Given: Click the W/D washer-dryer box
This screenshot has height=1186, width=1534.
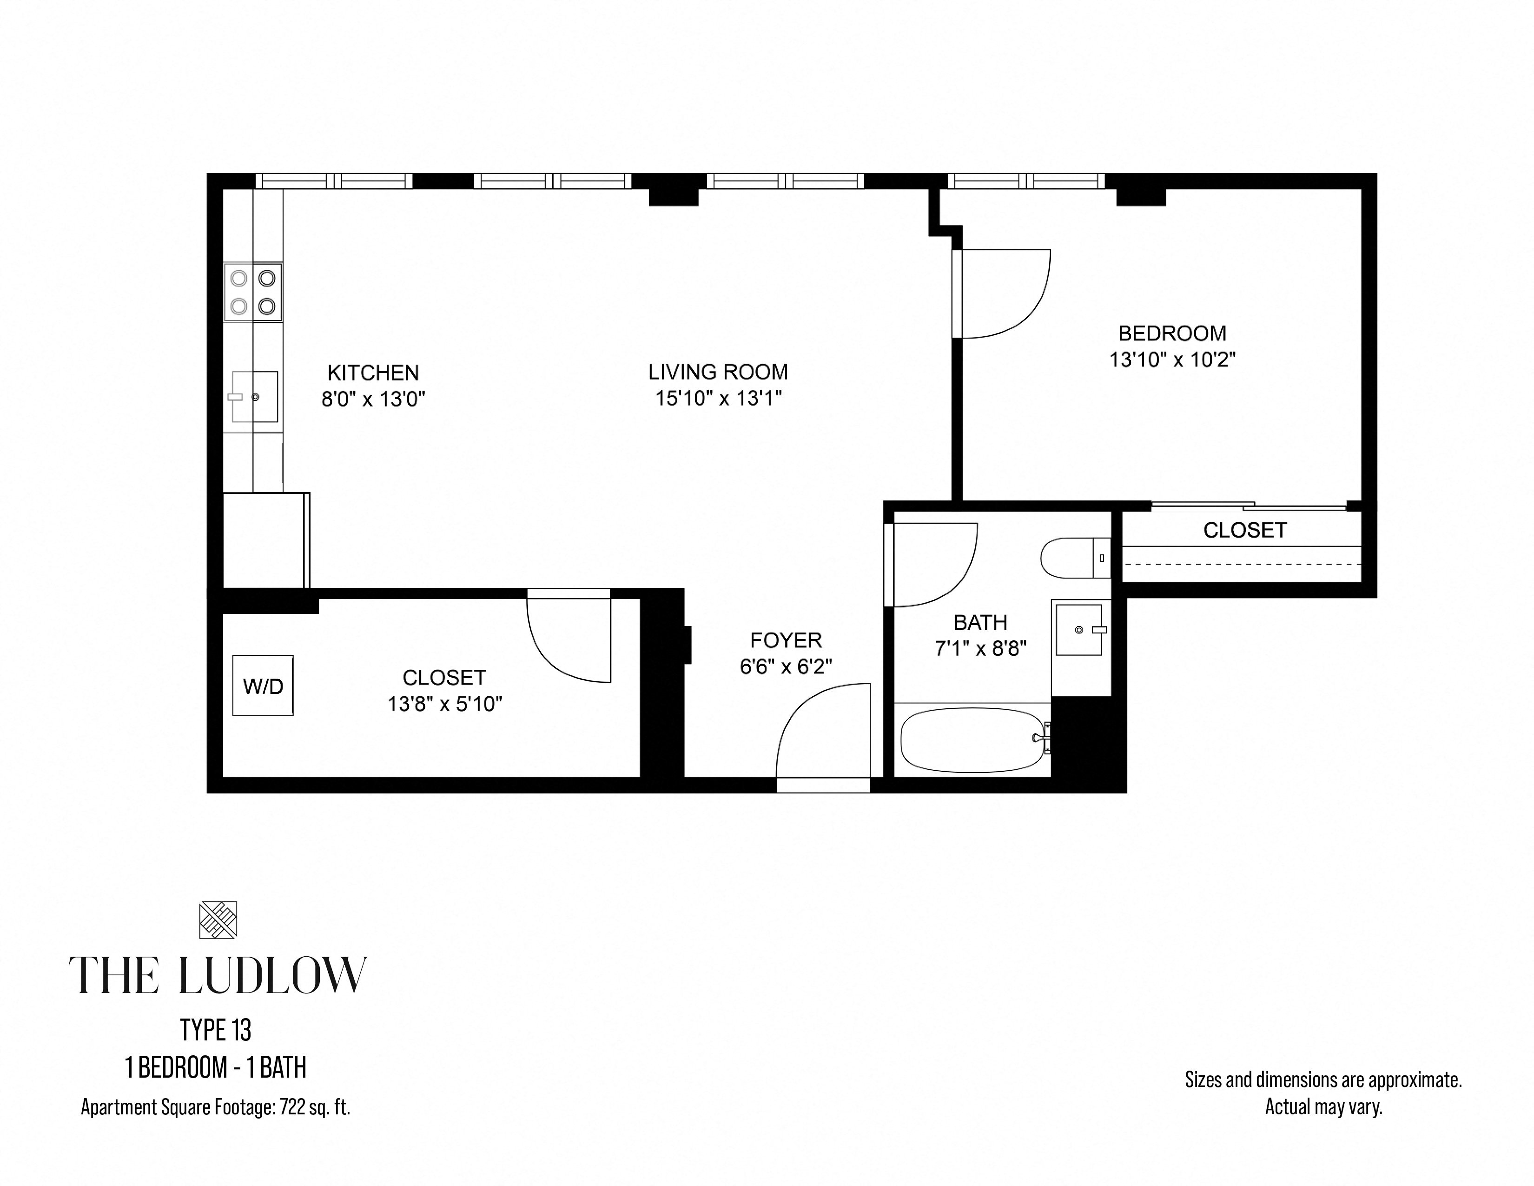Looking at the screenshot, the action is click(263, 686).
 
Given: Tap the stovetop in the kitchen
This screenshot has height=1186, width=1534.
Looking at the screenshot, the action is click(253, 292).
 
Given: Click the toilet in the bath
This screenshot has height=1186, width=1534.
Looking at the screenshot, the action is click(1075, 558).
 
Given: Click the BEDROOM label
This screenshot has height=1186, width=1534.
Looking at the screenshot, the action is click(1172, 333).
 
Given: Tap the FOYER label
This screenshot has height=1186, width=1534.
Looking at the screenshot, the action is click(786, 640).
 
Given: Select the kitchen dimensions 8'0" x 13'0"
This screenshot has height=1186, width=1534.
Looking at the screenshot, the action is click(374, 399).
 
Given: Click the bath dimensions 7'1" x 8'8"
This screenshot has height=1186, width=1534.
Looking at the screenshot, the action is click(980, 648).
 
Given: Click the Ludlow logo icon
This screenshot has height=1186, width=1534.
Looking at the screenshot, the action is click(218, 919).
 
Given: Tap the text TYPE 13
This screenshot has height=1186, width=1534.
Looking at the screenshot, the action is click(216, 1031).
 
